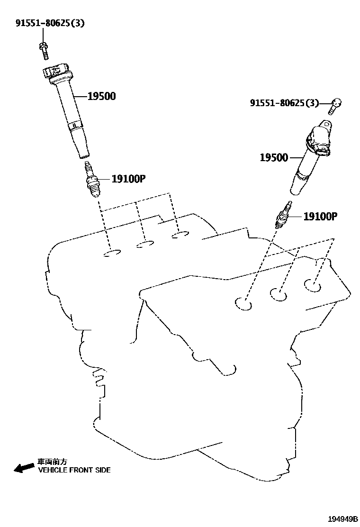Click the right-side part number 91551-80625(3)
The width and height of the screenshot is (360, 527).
coord(284,103)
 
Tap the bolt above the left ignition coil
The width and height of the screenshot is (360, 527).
coord(44,49)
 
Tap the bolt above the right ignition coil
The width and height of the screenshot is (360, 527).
coord(335,107)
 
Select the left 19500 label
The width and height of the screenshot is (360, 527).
coord(101,97)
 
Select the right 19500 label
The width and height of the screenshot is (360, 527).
coord(274,157)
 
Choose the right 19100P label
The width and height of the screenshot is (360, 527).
coord(320,217)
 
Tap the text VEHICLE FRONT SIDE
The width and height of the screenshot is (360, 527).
coord(74,470)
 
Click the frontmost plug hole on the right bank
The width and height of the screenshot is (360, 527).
coord(244,304)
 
